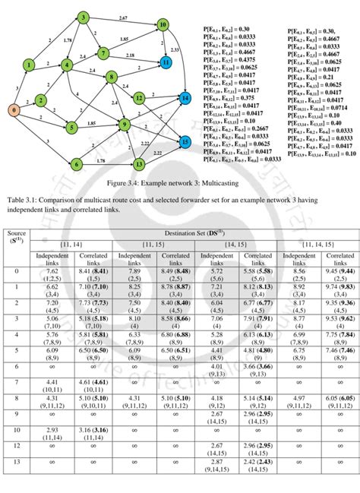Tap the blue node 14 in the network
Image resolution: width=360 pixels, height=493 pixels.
pos(185,98)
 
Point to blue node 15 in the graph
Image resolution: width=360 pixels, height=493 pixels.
pos(185,141)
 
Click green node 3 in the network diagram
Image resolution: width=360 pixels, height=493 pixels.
pos(83,17)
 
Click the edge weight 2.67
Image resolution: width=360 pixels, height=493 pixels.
pos(123,16)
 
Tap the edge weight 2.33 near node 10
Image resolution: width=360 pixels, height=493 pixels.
pos(175,49)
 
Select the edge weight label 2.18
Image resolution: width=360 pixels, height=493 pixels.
pos(131,55)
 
